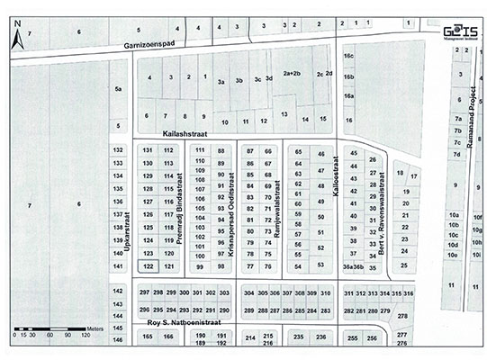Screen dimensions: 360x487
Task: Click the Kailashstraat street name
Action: pos(185,132)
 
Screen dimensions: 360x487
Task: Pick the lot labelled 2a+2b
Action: pos(292,74)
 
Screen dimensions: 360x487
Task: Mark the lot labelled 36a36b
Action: pos(354,267)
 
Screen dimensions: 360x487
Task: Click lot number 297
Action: pos(144,294)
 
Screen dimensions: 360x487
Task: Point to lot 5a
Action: pos(117,90)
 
